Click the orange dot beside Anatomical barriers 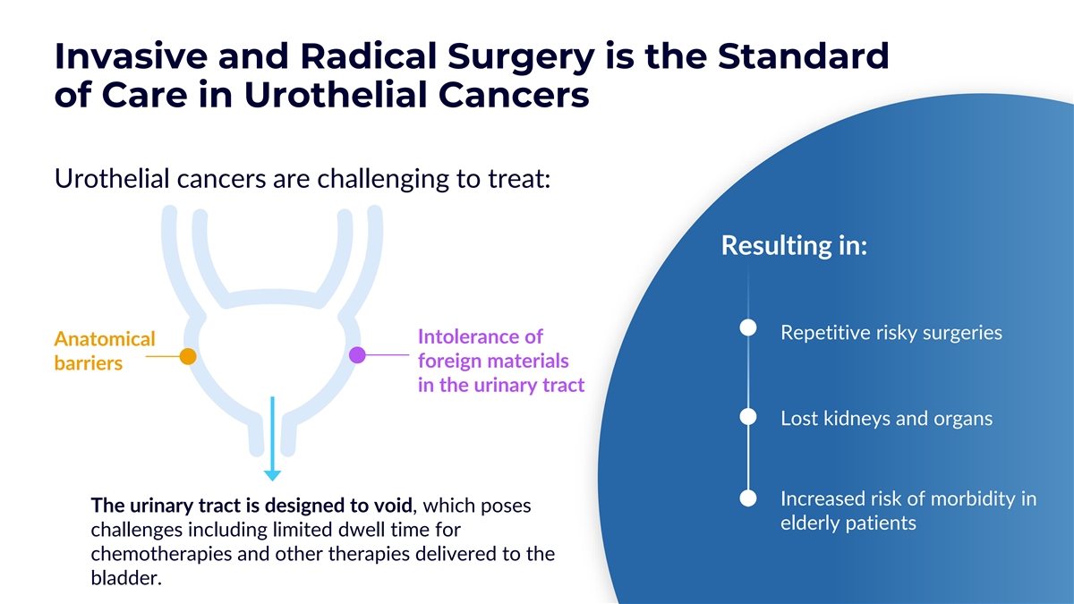pos(188,356)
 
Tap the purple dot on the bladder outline pos(357,355)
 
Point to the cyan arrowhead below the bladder pos(272,475)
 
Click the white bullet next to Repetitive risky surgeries pos(748,328)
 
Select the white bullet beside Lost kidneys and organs pos(748,417)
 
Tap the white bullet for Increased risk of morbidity pos(748,498)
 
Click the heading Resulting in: pos(794,245)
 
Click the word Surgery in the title pos(521,57)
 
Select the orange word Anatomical pos(105,339)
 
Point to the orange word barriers pos(89,363)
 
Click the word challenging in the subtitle pos(383,179)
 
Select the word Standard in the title pos(803,56)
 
